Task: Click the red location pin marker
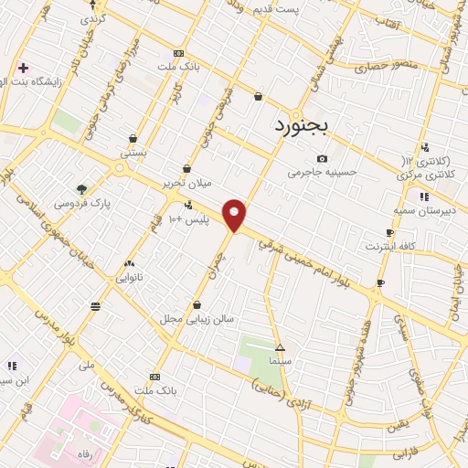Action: pos(235,215)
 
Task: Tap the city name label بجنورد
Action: pos(301,125)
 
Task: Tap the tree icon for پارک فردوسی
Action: pos(82,189)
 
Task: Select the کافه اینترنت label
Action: pos(390,246)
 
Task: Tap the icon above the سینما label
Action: pos(280,348)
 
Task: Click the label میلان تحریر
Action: pos(186,182)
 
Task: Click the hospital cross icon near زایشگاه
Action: pos(23,68)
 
